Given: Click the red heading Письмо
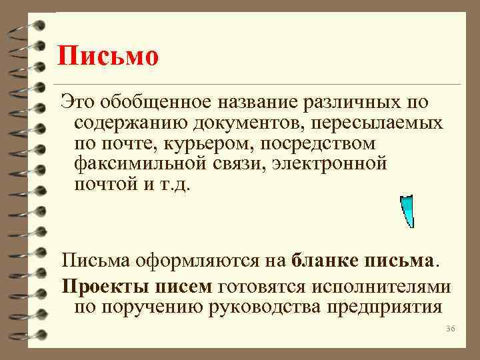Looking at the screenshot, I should coord(107,56).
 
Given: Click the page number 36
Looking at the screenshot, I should coord(449,330).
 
